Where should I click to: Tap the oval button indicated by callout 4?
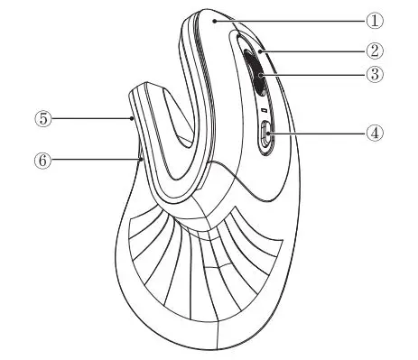point(265,137)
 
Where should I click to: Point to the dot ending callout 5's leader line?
point(133,117)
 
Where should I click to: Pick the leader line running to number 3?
point(316,75)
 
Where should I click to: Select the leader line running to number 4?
point(316,133)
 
